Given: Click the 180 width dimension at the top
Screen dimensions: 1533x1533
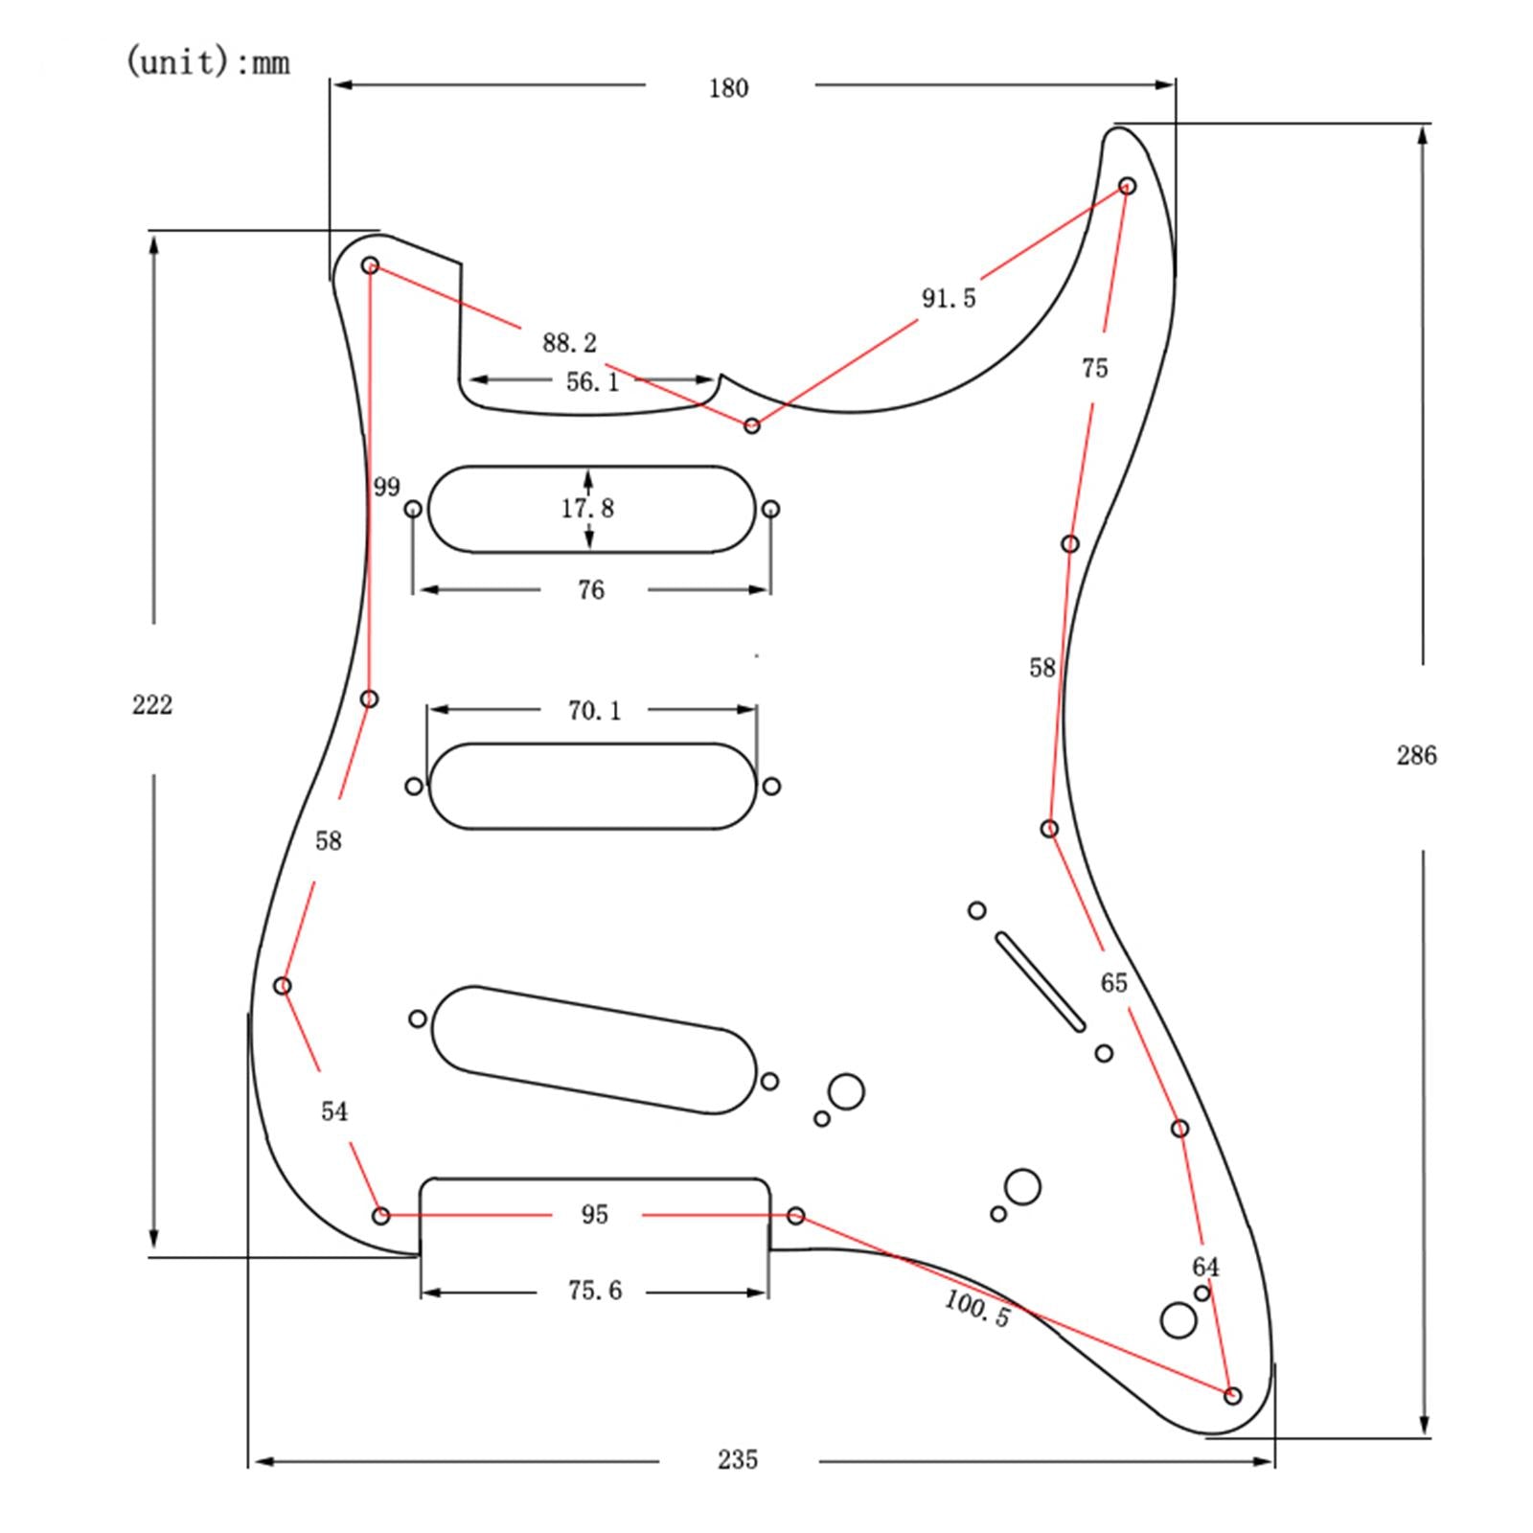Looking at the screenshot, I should [x=728, y=88].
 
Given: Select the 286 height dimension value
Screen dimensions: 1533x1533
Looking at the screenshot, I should [x=1416, y=756].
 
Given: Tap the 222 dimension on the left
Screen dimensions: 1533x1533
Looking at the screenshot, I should [x=152, y=705].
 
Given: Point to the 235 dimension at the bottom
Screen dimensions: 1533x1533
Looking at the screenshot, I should [x=738, y=1459].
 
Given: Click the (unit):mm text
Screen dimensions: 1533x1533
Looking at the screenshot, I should [x=207, y=62].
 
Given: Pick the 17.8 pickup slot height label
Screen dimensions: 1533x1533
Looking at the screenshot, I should [x=587, y=509].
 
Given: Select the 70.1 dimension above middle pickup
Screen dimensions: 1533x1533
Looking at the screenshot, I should [x=594, y=711].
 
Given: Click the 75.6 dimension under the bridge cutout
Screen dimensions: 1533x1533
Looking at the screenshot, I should [x=594, y=1291].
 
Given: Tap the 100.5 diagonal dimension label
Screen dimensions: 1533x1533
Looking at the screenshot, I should [x=976, y=1308].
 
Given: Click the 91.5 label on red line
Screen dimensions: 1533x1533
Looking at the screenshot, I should [x=949, y=299].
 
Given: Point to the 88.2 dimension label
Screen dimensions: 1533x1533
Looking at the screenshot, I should [x=569, y=343].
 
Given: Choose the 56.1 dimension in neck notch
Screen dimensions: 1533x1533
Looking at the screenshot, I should [x=592, y=382].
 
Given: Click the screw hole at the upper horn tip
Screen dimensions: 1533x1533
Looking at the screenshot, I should [x=1128, y=185].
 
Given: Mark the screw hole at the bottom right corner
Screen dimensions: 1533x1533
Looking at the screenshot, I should [x=1233, y=1396].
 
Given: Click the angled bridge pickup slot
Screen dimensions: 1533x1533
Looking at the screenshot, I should [x=594, y=1050].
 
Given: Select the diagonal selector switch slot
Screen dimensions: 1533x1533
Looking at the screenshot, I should [x=1041, y=982].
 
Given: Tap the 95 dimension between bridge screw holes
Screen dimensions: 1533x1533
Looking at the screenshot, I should [x=594, y=1215].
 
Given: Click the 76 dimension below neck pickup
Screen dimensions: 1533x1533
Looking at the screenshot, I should [x=591, y=590].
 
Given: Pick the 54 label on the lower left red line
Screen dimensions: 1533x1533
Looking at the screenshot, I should [x=333, y=1111].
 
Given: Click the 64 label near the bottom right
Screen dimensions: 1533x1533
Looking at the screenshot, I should [x=1205, y=1267].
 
